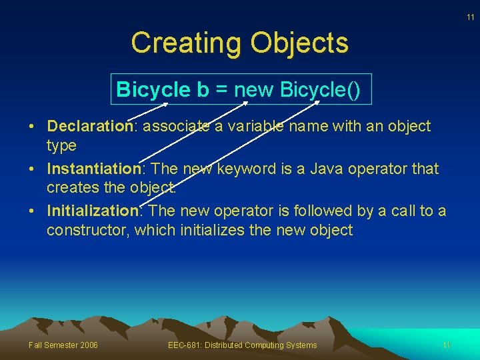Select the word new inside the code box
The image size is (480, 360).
pyautogui.click(x=254, y=90)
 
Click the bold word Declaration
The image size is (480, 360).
pyautogui.click(x=91, y=126)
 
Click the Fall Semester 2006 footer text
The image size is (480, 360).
pyautogui.click(x=63, y=345)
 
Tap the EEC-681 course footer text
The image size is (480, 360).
pyautogui.click(x=243, y=345)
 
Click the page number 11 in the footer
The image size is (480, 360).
pyautogui.click(x=447, y=345)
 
